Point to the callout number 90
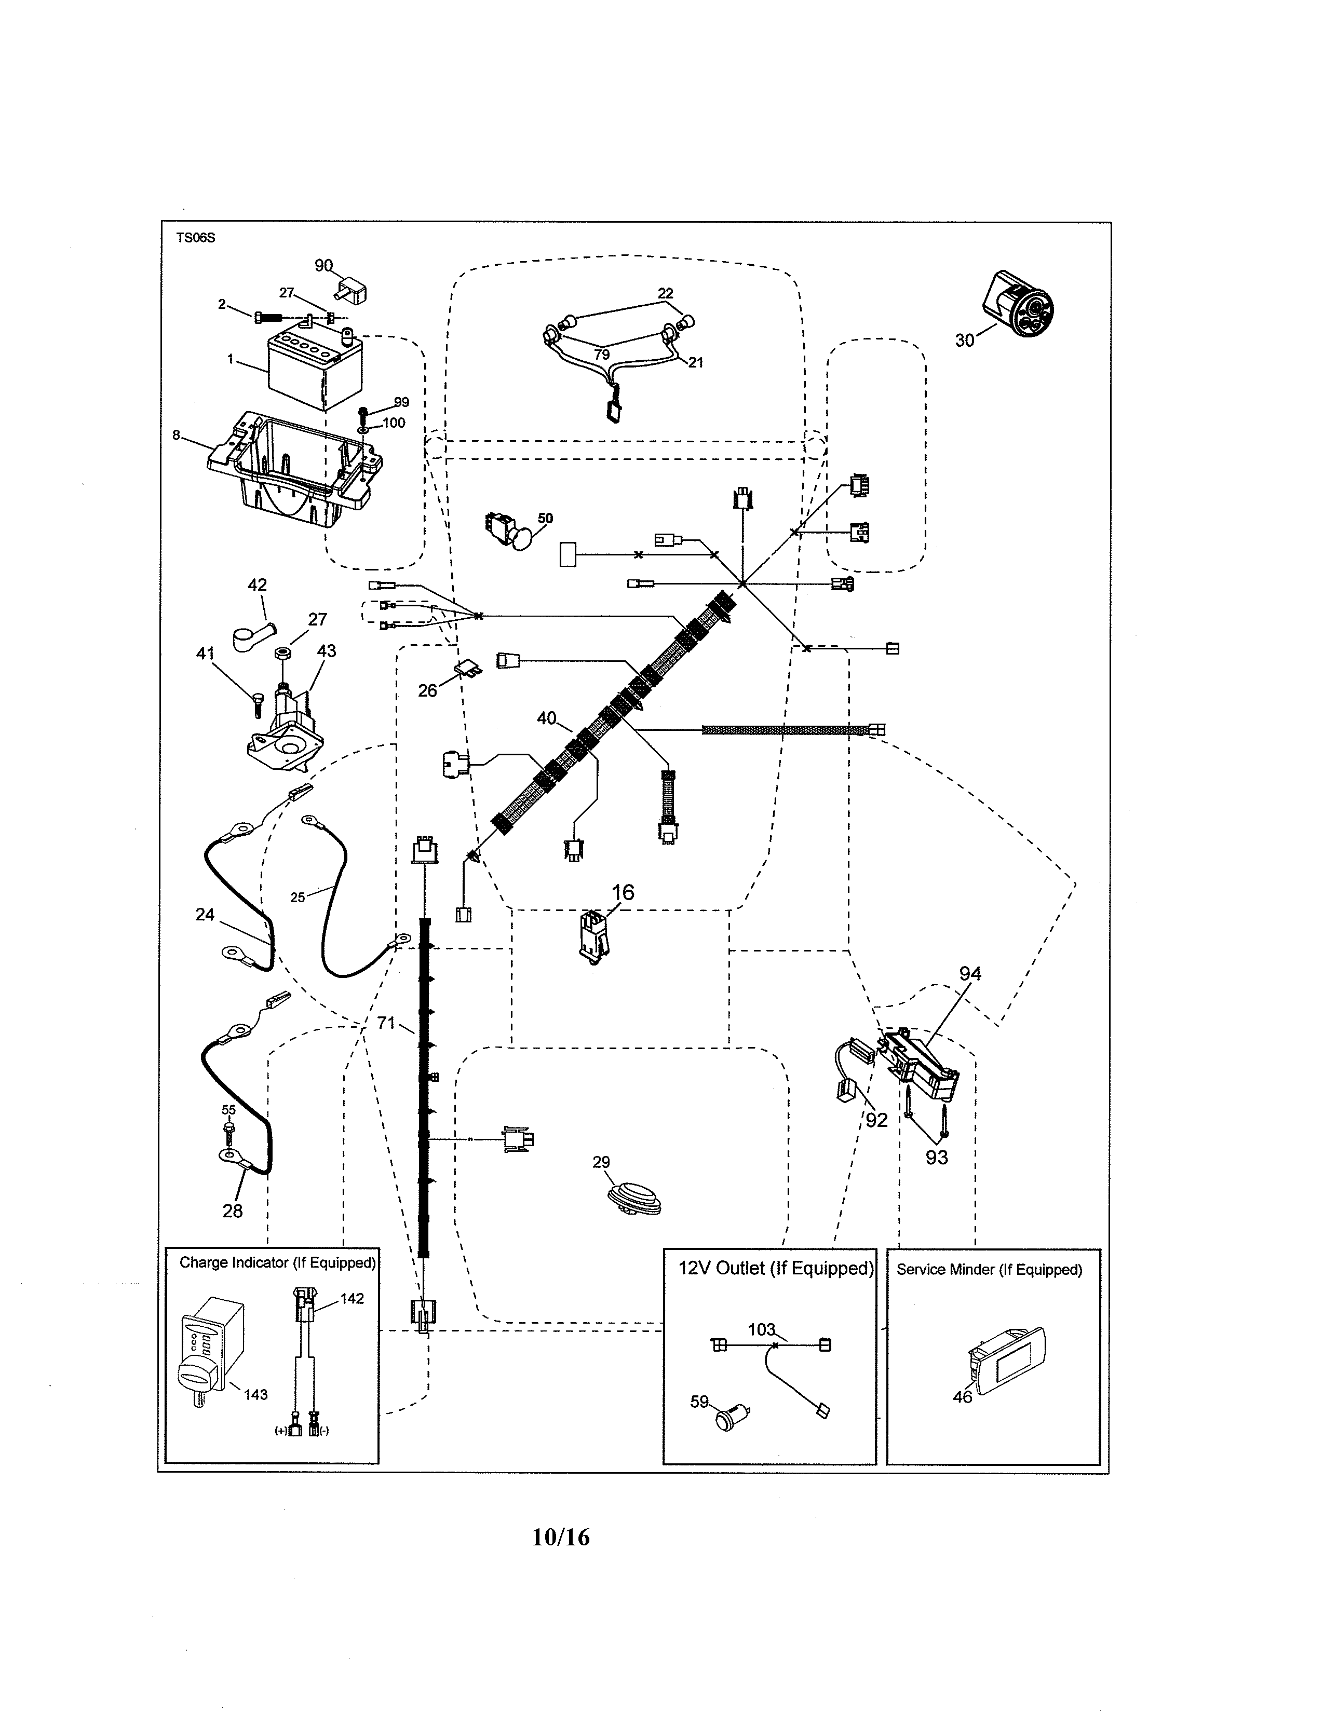pyautogui.click(x=323, y=266)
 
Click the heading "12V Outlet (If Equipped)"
pyautogui.click(x=775, y=1268)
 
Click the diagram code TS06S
pyautogui.click(x=195, y=238)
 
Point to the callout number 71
pyautogui.click(x=386, y=1023)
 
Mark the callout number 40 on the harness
pyautogui.click(x=546, y=718)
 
